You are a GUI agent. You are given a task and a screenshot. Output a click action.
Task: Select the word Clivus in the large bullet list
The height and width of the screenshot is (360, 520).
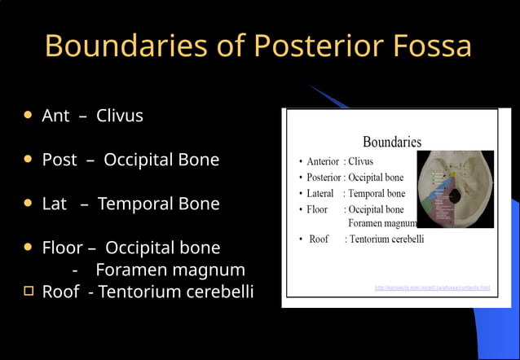click(120, 116)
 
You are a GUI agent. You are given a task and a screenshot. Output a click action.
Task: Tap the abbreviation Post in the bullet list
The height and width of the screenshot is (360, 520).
click(59, 160)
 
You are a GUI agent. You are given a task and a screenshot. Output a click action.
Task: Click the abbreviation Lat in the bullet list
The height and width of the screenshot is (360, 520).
click(54, 204)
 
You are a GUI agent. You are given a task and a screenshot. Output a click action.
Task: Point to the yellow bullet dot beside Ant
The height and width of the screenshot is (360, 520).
click(29, 116)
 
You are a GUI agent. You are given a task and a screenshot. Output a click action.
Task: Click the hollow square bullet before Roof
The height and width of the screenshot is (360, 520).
click(29, 291)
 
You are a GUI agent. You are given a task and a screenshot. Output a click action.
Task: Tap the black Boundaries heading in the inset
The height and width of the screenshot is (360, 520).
click(391, 142)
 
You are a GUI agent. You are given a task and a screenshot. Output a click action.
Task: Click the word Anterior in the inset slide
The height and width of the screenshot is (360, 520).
click(323, 161)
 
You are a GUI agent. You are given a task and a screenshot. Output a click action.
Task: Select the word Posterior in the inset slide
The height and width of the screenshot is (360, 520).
click(324, 177)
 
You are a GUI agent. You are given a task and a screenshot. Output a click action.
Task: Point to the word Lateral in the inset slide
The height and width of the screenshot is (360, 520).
click(320, 193)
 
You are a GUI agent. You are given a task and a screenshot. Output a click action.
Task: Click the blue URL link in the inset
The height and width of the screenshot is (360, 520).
click(432, 288)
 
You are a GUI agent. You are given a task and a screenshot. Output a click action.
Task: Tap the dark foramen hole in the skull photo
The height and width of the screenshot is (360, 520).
click(453, 198)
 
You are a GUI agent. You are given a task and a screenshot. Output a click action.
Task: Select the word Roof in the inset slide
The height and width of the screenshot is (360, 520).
click(319, 239)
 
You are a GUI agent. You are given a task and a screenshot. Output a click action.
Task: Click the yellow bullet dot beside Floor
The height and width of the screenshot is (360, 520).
click(29, 247)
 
